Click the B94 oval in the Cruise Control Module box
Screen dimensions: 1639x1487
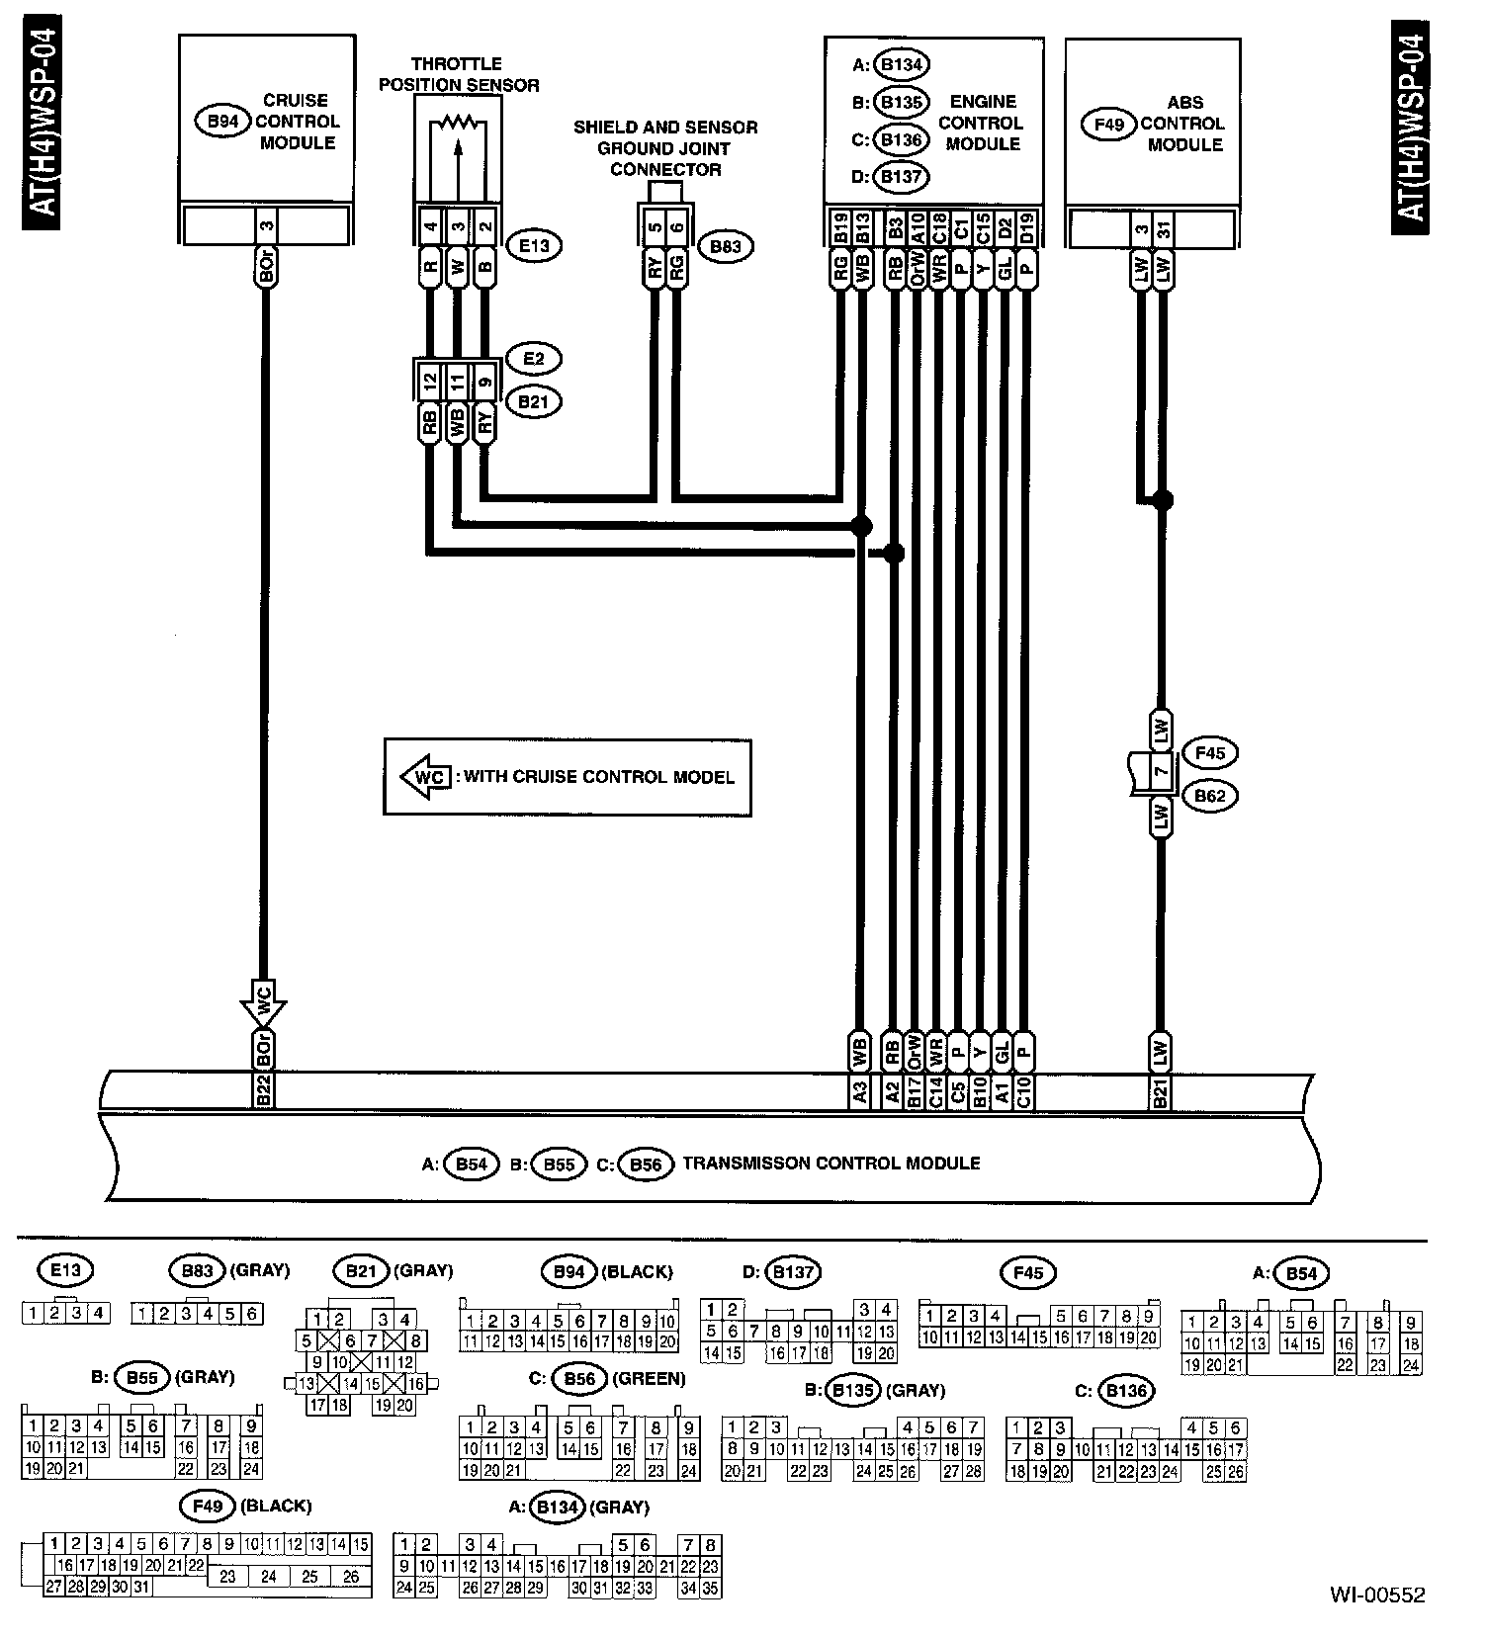pos(222,122)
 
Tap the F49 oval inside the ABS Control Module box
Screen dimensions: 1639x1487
pos(1109,125)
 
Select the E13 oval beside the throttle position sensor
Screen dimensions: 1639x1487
pos(534,245)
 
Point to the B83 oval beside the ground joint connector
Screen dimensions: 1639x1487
pos(725,246)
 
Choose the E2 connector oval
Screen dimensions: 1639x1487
pos(534,358)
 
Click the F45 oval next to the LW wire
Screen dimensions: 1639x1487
pos(1210,753)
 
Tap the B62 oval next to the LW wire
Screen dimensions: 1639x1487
pos(1210,796)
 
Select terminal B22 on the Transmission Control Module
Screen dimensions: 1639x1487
pos(264,1092)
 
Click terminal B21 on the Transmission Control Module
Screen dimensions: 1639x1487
pos(1161,1092)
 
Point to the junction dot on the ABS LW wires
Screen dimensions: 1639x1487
pos(1163,499)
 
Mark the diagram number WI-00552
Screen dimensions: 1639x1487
pos(1376,1595)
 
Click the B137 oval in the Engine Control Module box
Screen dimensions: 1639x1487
pos(901,177)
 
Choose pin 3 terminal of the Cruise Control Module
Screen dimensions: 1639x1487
pos(266,227)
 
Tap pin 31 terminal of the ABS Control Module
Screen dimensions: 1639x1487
pos(1164,231)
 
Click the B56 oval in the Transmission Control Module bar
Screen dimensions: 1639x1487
pos(646,1165)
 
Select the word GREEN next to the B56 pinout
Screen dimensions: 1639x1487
pos(650,1378)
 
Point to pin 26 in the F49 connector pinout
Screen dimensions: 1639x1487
pos(350,1578)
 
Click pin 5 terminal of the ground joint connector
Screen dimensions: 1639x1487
pos(655,226)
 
